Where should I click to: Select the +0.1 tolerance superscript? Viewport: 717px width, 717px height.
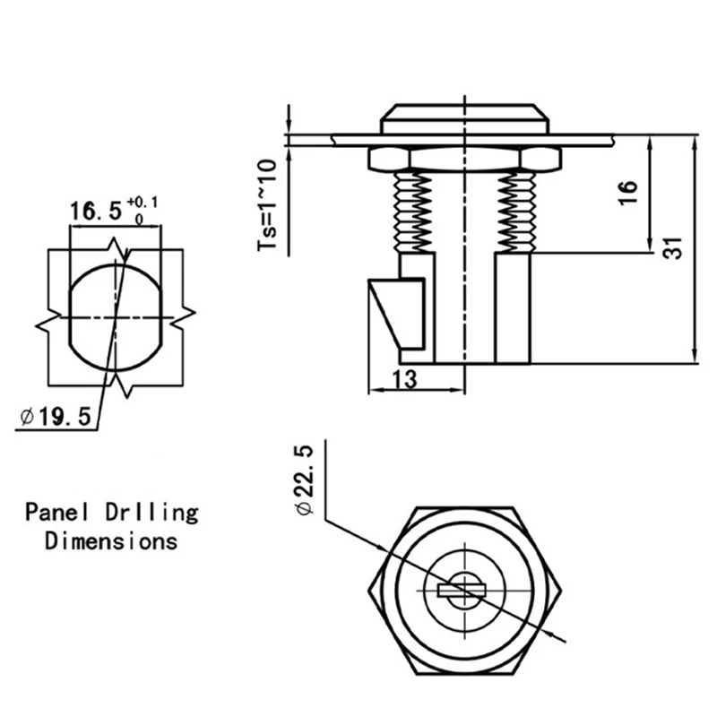143,201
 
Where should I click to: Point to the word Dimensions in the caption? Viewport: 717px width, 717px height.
111,541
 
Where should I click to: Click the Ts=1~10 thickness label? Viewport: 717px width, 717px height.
268,206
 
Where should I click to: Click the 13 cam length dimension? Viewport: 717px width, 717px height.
404,379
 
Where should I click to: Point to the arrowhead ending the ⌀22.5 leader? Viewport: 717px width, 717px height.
564,637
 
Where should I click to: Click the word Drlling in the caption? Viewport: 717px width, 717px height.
162,513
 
